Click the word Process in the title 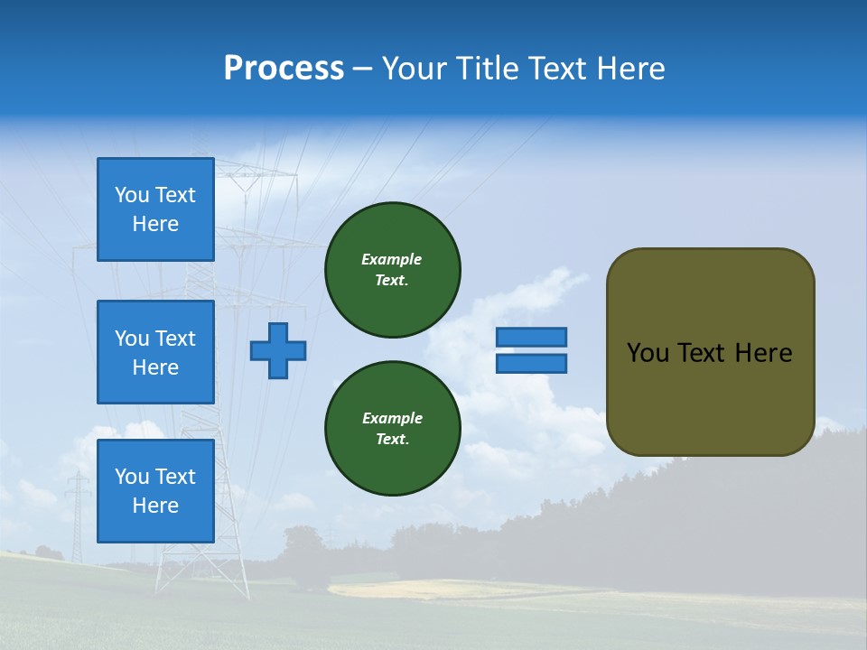tap(284, 69)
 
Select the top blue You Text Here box tap(155, 209)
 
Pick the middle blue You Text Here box tap(155, 352)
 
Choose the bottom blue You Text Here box tap(155, 490)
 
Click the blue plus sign tap(278, 350)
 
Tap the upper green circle tap(392, 270)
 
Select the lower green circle tap(392, 429)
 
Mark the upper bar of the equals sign tap(531, 337)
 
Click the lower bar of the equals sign tap(531, 363)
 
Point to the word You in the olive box tap(648, 353)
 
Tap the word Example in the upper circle tap(392, 259)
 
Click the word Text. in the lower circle tap(392, 440)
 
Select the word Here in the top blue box tap(155, 224)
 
